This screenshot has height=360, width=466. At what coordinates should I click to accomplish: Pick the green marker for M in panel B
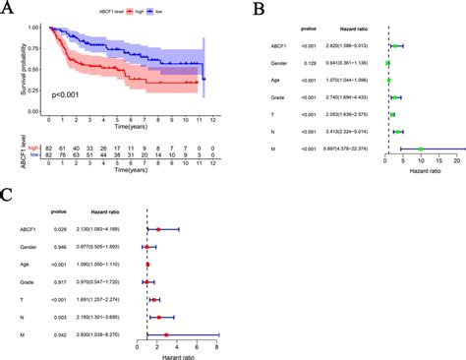coord(421,149)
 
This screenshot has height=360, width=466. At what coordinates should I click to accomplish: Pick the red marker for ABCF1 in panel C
coord(157,228)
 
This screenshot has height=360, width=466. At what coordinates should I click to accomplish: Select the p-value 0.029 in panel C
coord(59,228)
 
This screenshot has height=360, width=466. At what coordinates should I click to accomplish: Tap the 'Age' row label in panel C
coord(27,264)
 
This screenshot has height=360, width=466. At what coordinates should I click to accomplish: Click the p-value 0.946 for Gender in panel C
coord(59,246)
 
